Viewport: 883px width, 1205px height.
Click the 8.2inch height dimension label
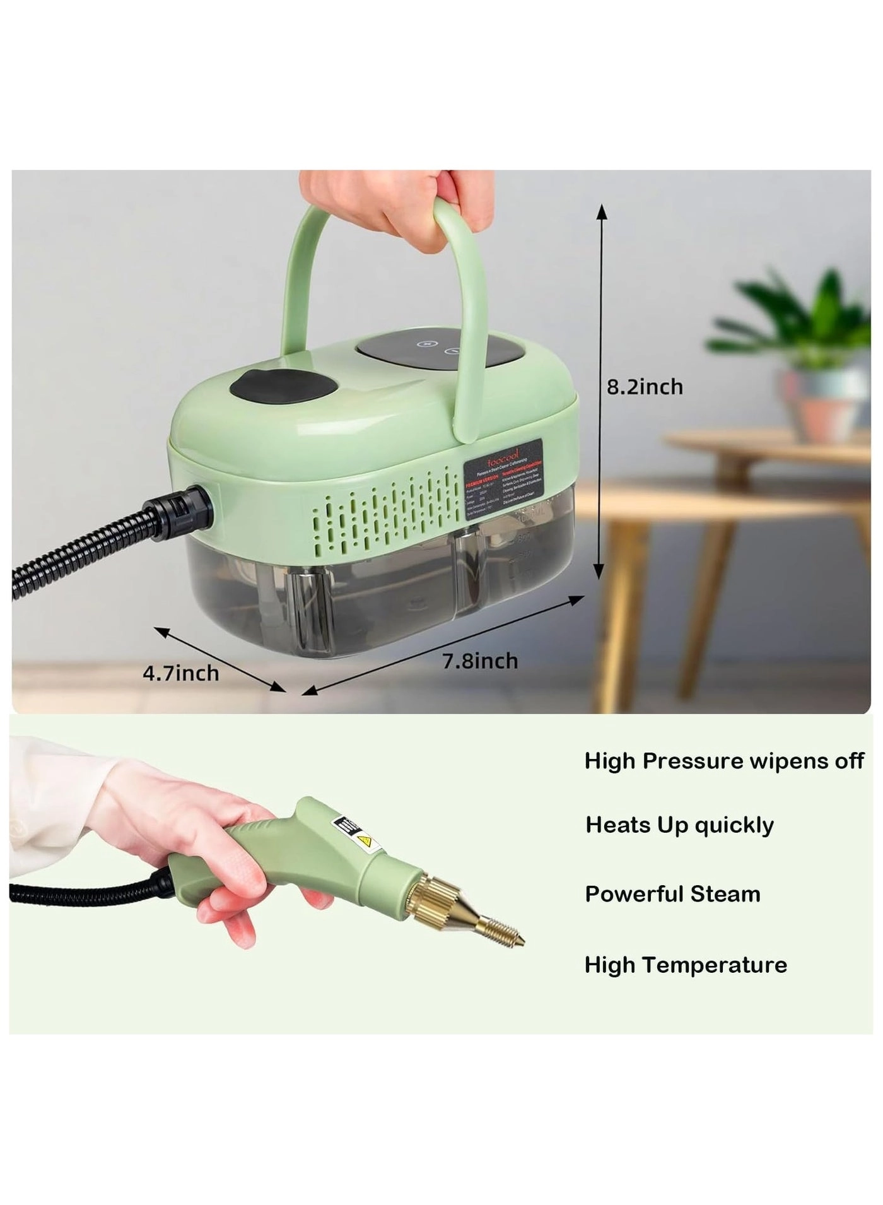(645, 387)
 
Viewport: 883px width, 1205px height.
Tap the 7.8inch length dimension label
(480, 661)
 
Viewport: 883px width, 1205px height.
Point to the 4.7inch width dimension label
(181, 673)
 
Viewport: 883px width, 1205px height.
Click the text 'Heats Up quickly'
(679, 825)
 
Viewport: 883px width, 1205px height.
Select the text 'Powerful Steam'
(672, 894)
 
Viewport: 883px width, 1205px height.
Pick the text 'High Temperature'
(686, 965)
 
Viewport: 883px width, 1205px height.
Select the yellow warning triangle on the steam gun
(365, 841)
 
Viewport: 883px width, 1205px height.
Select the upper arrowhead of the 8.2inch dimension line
(602, 211)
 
